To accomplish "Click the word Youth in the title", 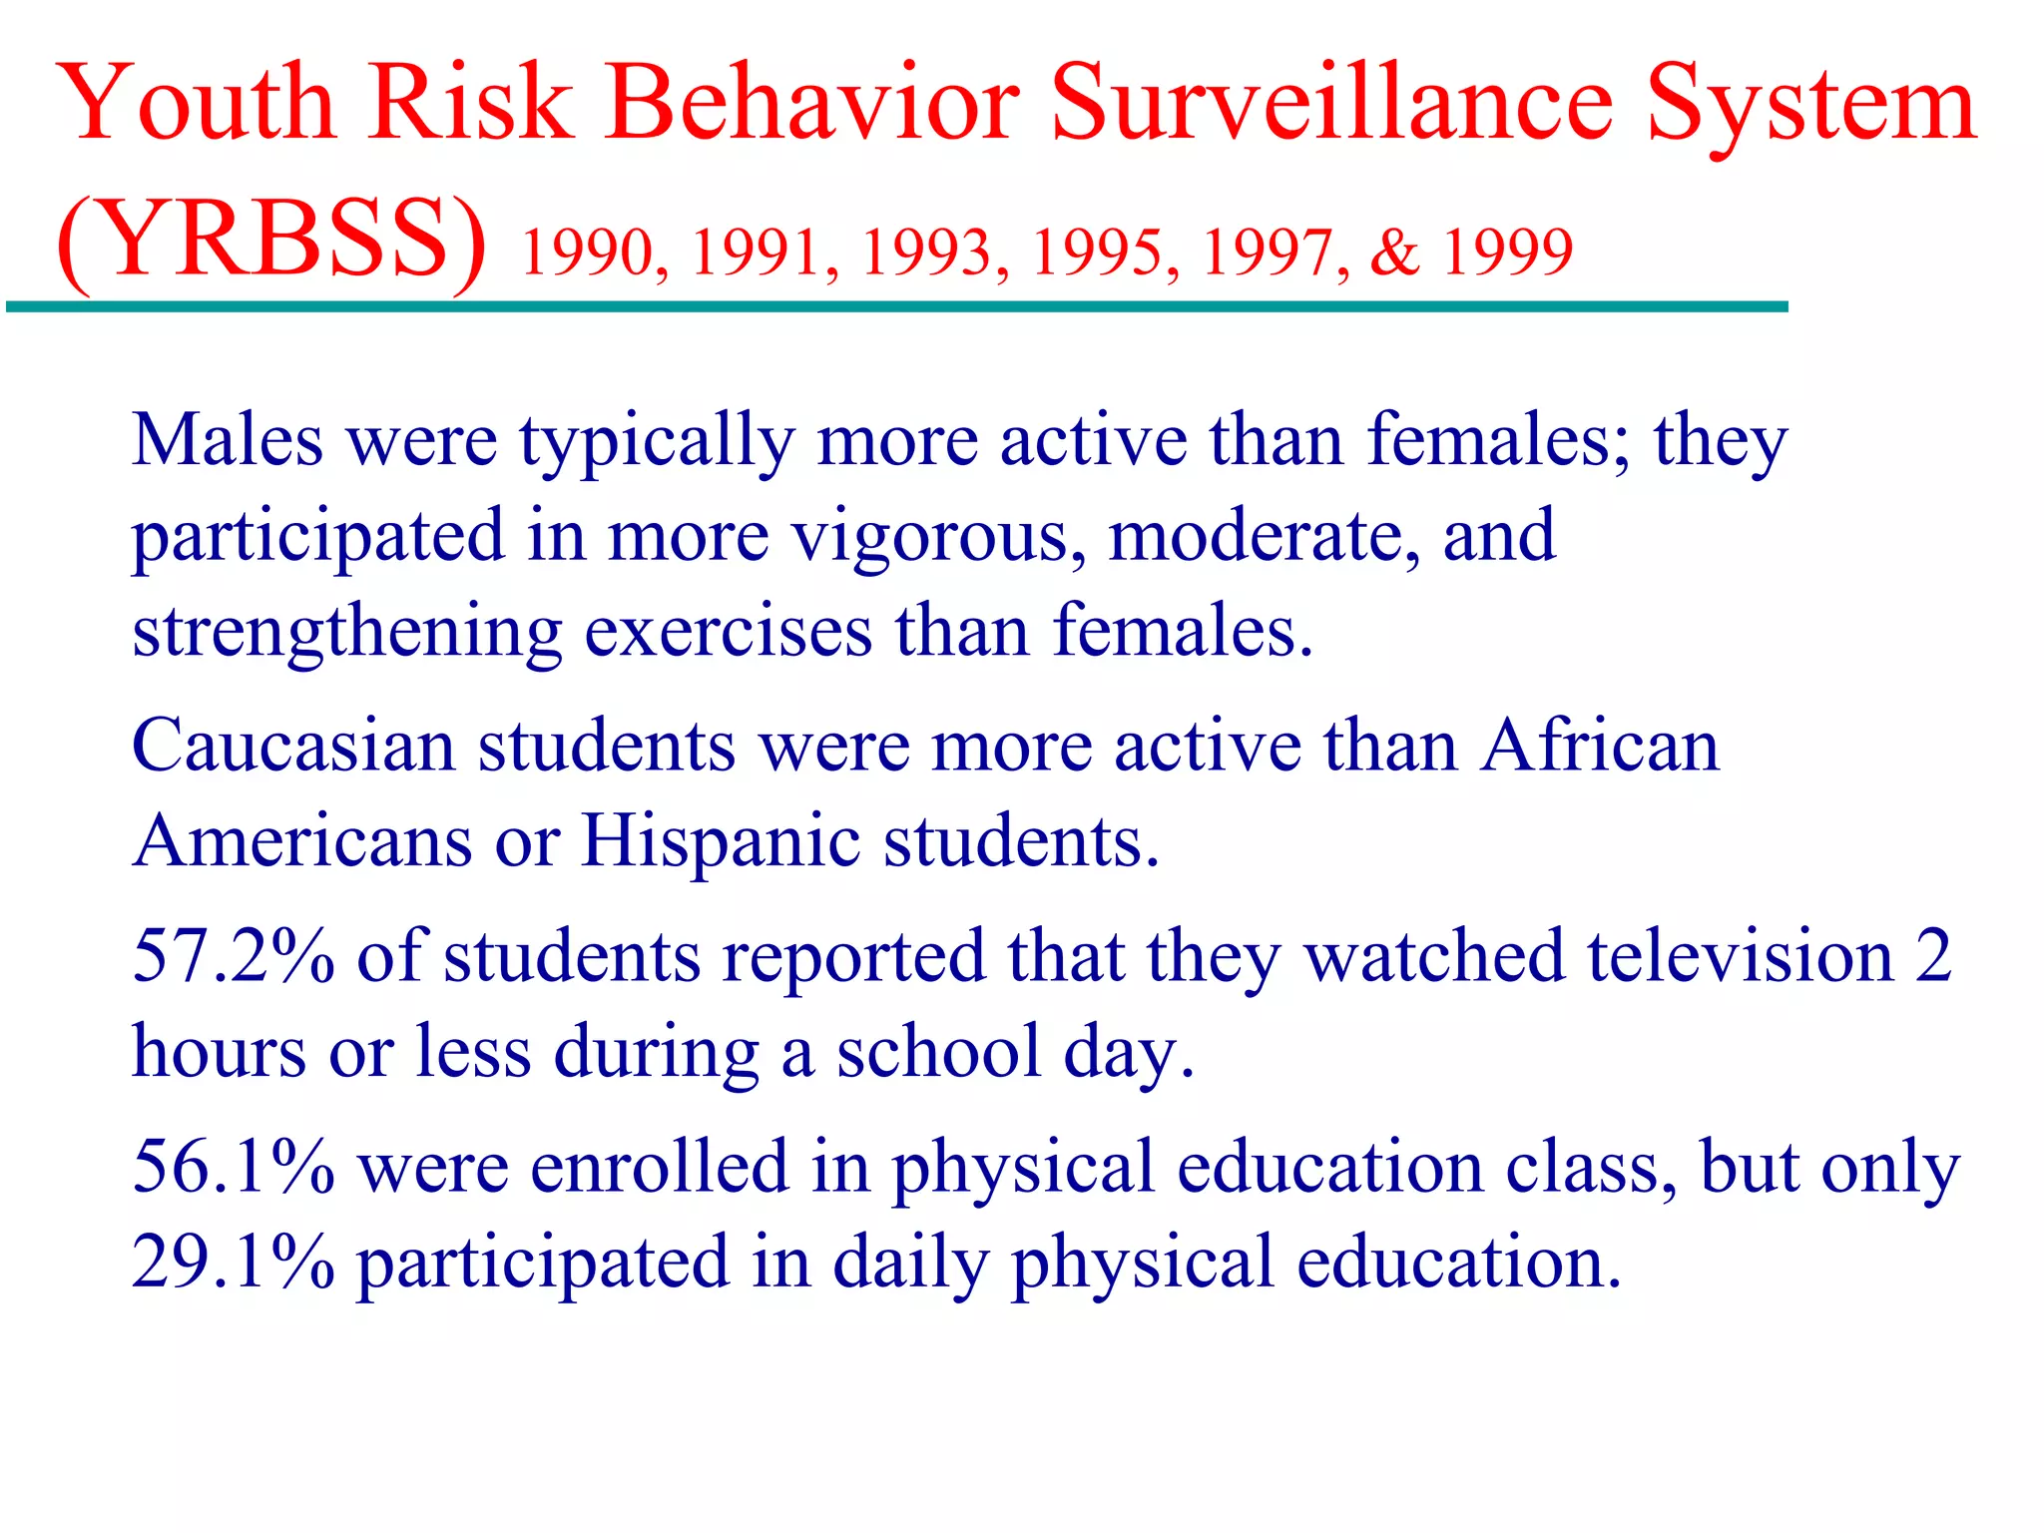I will (x=198, y=103).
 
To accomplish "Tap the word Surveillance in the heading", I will (x=1331, y=103).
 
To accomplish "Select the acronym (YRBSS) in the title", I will (x=271, y=241).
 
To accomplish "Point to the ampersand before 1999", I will (x=1394, y=252).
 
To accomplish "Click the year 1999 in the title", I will (x=1508, y=252).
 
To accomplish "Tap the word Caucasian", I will (x=293, y=746).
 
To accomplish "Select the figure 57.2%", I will (x=234, y=956).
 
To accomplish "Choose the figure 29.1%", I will (x=234, y=1262).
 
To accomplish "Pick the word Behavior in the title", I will (x=813, y=103).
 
